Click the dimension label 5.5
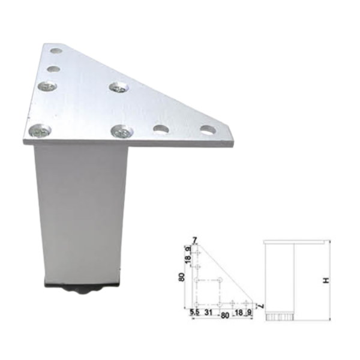point(194,312)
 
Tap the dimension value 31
point(208,312)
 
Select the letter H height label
point(326,280)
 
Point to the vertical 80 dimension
point(182,277)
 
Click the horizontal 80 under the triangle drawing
point(225,316)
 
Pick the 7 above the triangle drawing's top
point(194,241)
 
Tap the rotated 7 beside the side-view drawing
point(262,306)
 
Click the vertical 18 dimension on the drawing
point(188,260)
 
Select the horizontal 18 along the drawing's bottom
point(239,312)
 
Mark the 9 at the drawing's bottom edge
point(250,312)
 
